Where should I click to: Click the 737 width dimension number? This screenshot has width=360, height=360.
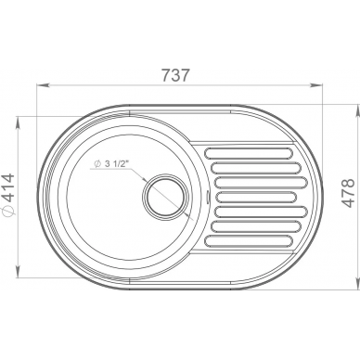[x=175, y=75]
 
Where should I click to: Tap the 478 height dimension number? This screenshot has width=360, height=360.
[x=349, y=193]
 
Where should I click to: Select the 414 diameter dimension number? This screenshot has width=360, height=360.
[x=8, y=188]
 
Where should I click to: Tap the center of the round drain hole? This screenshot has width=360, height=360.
[x=165, y=196]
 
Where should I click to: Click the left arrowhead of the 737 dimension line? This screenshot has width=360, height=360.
[x=43, y=84]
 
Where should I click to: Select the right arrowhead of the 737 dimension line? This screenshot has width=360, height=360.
[x=316, y=84]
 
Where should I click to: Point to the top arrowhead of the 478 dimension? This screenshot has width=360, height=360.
[x=359, y=110]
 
